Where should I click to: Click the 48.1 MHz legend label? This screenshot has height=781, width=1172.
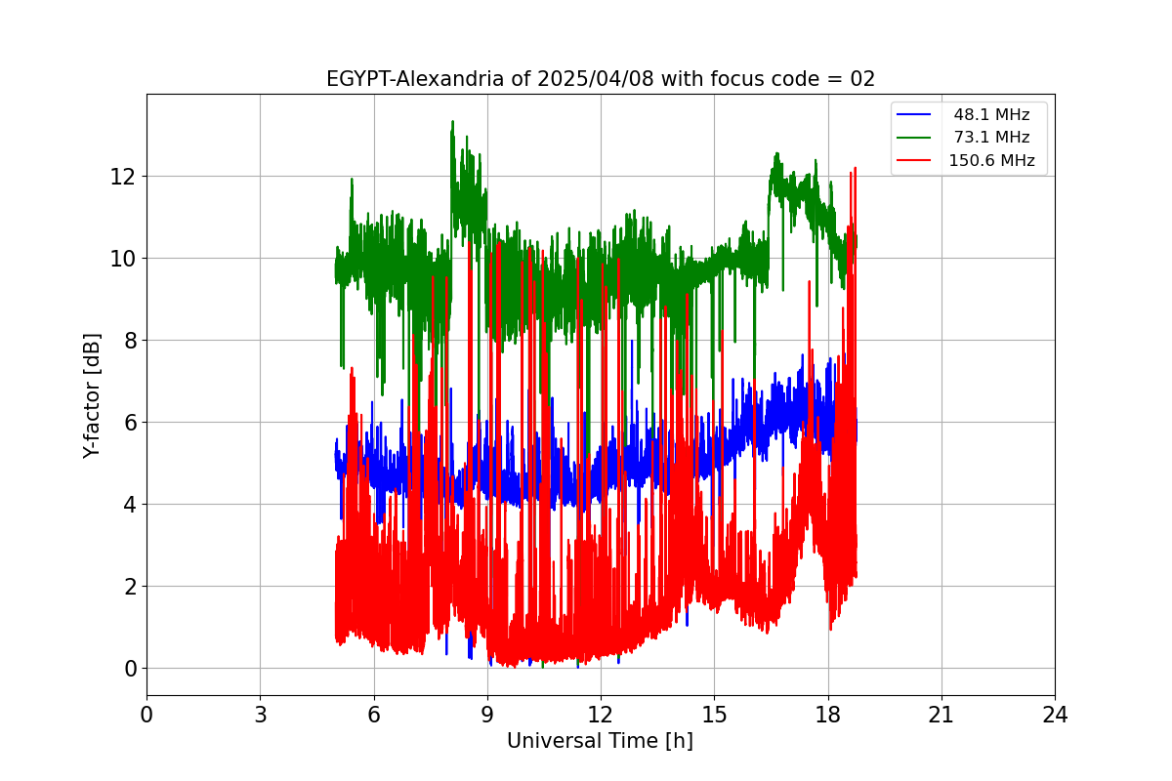coord(991,114)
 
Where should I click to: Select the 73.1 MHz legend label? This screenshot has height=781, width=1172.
coord(991,138)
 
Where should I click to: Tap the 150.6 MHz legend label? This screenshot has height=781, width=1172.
coord(991,161)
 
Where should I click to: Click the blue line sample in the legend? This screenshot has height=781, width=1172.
coord(913,114)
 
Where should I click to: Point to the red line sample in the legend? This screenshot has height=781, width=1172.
coord(913,161)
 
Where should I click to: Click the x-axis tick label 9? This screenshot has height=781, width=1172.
coord(487,716)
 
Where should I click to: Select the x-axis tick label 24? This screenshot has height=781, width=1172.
coord(1055,716)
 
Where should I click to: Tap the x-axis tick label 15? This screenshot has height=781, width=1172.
coord(714,716)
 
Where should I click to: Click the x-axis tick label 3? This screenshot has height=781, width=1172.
coord(260,716)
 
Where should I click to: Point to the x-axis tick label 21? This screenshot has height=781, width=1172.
coord(942,716)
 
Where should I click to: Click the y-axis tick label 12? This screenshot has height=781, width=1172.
coord(122,177)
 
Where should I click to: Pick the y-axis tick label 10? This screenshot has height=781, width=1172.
coord(122,259)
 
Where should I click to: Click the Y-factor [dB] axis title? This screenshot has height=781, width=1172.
coord(92,395)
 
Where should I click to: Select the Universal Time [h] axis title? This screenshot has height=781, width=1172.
coord(600,741)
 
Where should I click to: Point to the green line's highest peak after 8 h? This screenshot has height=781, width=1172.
coord(452,122)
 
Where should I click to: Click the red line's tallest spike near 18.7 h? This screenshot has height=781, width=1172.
coord(856,168)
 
